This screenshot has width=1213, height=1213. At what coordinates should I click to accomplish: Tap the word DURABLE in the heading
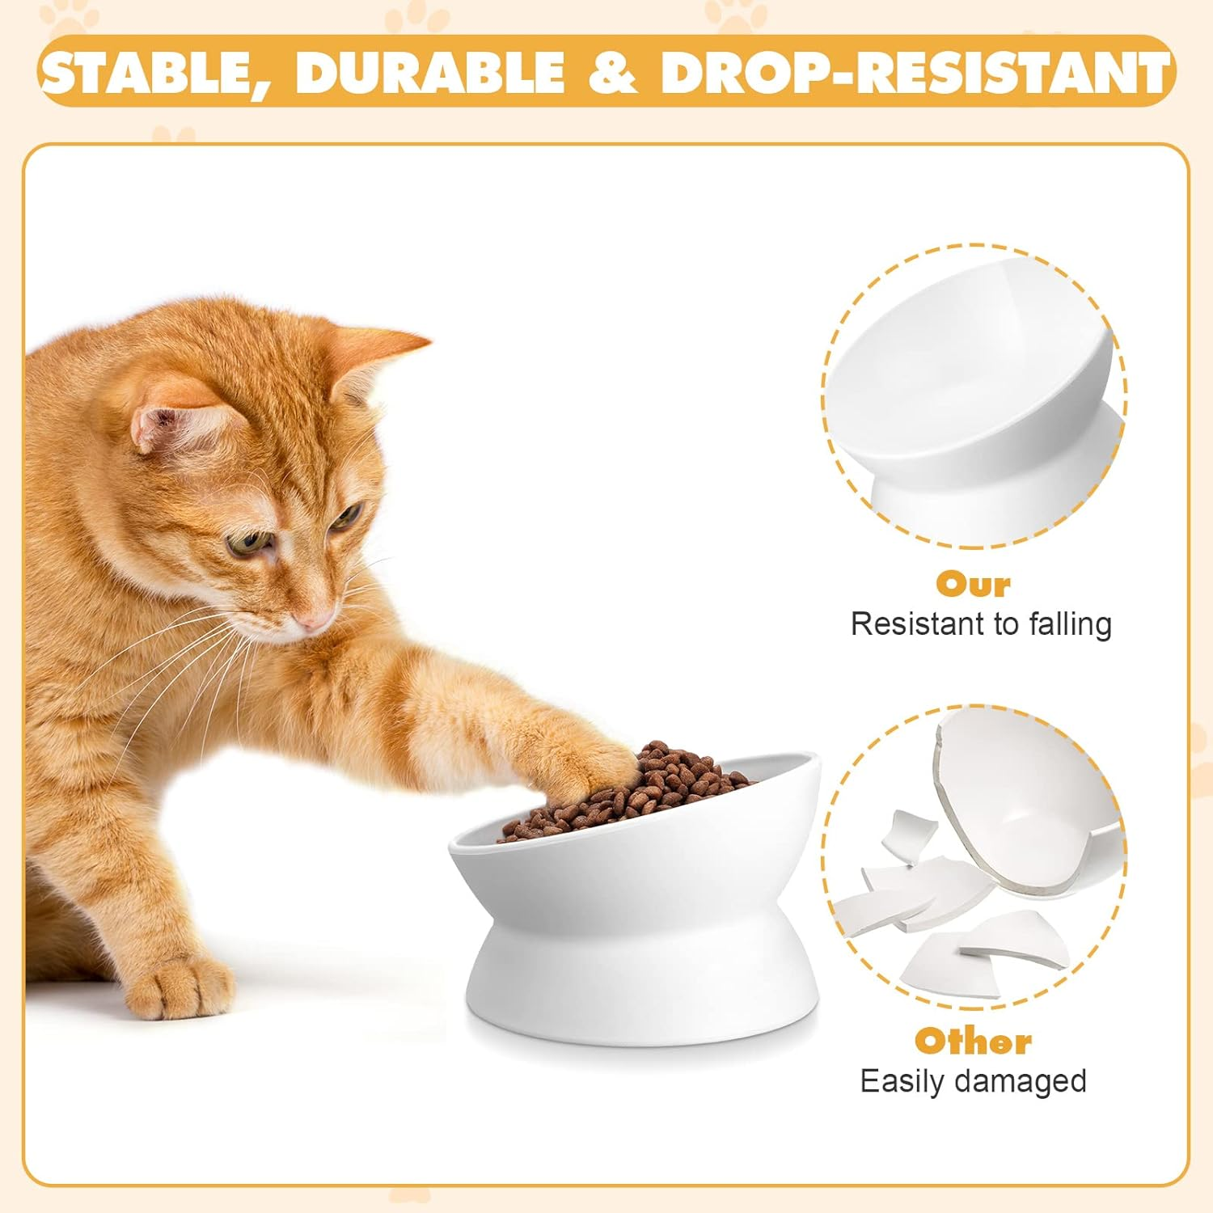click(x=430, y=71)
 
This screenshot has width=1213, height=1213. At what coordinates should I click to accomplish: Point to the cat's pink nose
click(x=312, y=621)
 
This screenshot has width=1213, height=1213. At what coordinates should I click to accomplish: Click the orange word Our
click(x=974, y=584)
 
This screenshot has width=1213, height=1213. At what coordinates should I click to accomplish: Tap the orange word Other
click(x=973, y=1041)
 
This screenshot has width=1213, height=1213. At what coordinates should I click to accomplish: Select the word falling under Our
click(x=1070, y=624)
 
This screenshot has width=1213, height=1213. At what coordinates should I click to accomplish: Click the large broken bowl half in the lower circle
click(x=1027, y=809)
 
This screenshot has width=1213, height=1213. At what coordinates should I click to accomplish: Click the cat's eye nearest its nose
click(x=346, y=517)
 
